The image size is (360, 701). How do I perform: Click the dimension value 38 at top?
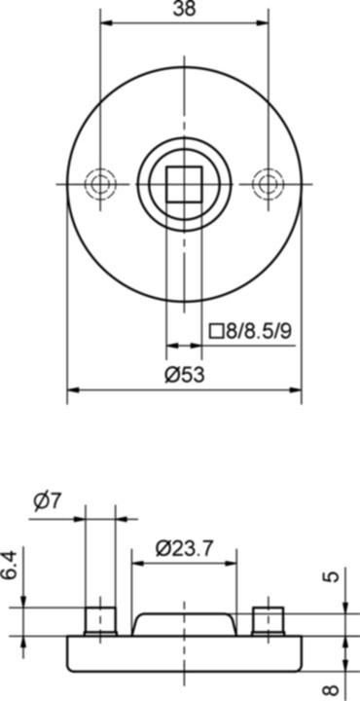coord(183,9)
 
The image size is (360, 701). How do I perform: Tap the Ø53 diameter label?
coord(184,376)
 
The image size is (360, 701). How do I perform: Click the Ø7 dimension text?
coord(47,502)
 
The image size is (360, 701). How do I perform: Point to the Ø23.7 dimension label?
coord(184,548)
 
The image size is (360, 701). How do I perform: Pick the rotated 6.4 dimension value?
coord(9,567)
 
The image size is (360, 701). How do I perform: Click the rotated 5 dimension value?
coord(334,576)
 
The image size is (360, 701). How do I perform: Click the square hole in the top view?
coord(183,183)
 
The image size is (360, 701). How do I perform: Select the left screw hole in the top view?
coord(99,183)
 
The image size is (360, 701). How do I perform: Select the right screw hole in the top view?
coord(267,183)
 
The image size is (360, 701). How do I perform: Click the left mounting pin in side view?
coord(99,620)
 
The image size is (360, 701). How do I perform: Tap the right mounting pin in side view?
coord(267,620)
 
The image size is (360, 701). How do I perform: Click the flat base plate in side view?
coord(183,653)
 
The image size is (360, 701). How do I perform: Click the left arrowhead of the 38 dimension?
coord(104,23)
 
